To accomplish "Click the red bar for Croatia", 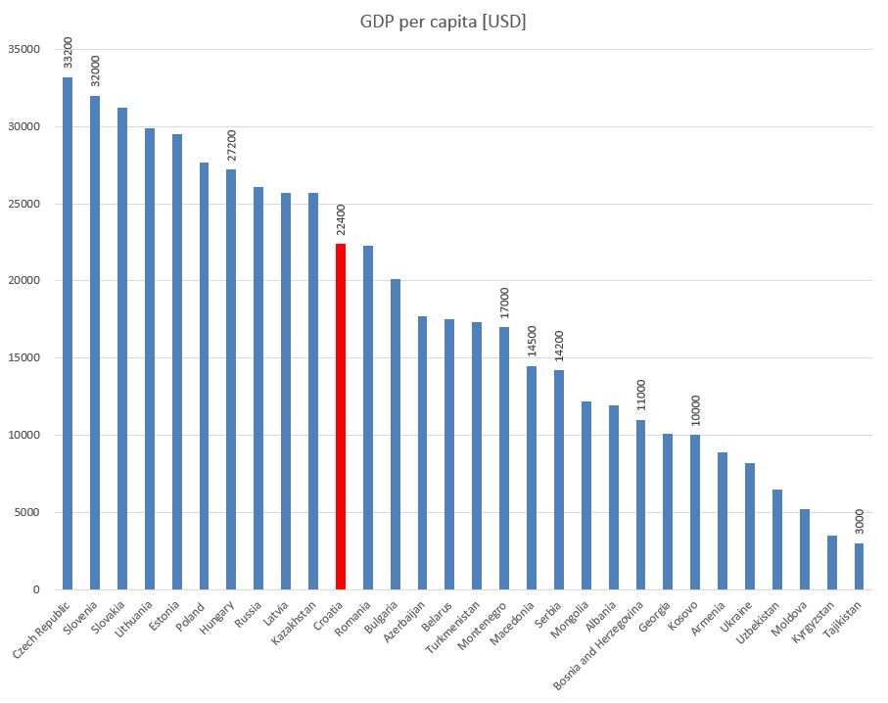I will [x=341, y=416].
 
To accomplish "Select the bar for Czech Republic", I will [x=68, y=333].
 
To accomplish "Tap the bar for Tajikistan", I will [x=859, y=566].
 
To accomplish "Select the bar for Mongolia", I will [x=586, y=494].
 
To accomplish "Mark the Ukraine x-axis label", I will [x=736, y=617].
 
